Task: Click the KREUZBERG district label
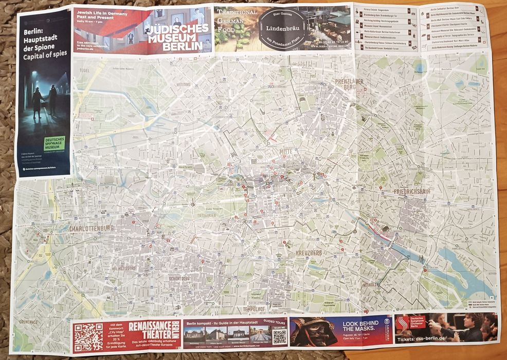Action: tap(309, 253)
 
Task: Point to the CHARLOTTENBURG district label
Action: tap(91, 228)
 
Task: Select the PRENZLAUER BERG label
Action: tap(349, 84)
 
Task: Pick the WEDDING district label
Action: tap(183, 84)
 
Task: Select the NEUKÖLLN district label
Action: tap(370, 284)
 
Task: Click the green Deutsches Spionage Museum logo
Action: tap(54, 143)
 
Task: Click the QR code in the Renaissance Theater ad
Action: tap(88, 338)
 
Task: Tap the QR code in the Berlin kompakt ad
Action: tap(279, 337)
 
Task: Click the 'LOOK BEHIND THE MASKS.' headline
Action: tap(360, 325)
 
